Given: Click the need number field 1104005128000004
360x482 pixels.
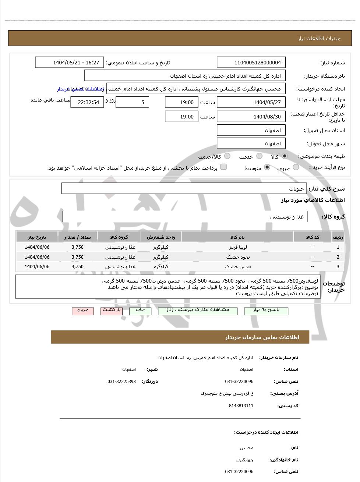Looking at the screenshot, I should point(251,63).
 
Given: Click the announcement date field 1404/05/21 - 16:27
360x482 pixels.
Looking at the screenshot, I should point(70,63).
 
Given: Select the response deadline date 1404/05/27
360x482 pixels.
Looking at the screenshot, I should point(251,102).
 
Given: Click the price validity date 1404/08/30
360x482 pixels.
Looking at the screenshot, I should point(251,117).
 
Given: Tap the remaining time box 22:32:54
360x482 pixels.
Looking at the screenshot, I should point(87,102).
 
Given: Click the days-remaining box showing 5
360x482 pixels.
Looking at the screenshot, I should point(132,102).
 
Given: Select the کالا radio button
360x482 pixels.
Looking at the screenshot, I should point(285,156).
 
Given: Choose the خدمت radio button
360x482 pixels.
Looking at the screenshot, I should point(259,156).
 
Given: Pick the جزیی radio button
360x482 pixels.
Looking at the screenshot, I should point(296,167).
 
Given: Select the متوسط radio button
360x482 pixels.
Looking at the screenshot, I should point(267,167).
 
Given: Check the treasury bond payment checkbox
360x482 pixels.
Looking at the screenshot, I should point(223,167).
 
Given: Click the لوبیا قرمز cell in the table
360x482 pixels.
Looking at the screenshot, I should point(237,247).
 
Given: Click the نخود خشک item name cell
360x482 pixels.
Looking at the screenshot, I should point(237,257).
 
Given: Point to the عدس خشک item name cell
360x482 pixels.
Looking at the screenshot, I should point(237,267).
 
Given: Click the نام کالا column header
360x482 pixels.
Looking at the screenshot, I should point(237,237).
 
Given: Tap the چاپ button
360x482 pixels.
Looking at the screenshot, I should point(140,311).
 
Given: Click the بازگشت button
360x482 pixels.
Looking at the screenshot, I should point(112,311).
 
